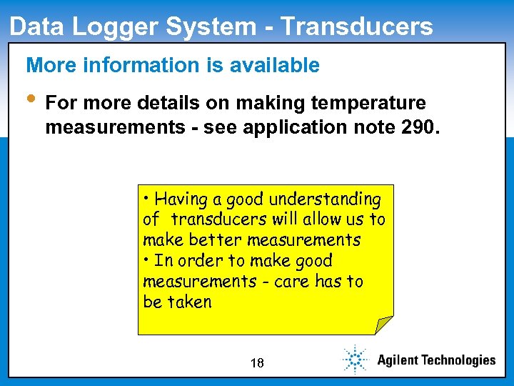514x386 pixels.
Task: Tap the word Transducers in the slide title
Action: click(356, 26)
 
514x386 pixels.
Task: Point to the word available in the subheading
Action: click(275, 66)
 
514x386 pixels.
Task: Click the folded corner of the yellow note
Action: click(385, 326)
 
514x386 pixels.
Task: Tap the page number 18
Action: click(257, 363)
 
